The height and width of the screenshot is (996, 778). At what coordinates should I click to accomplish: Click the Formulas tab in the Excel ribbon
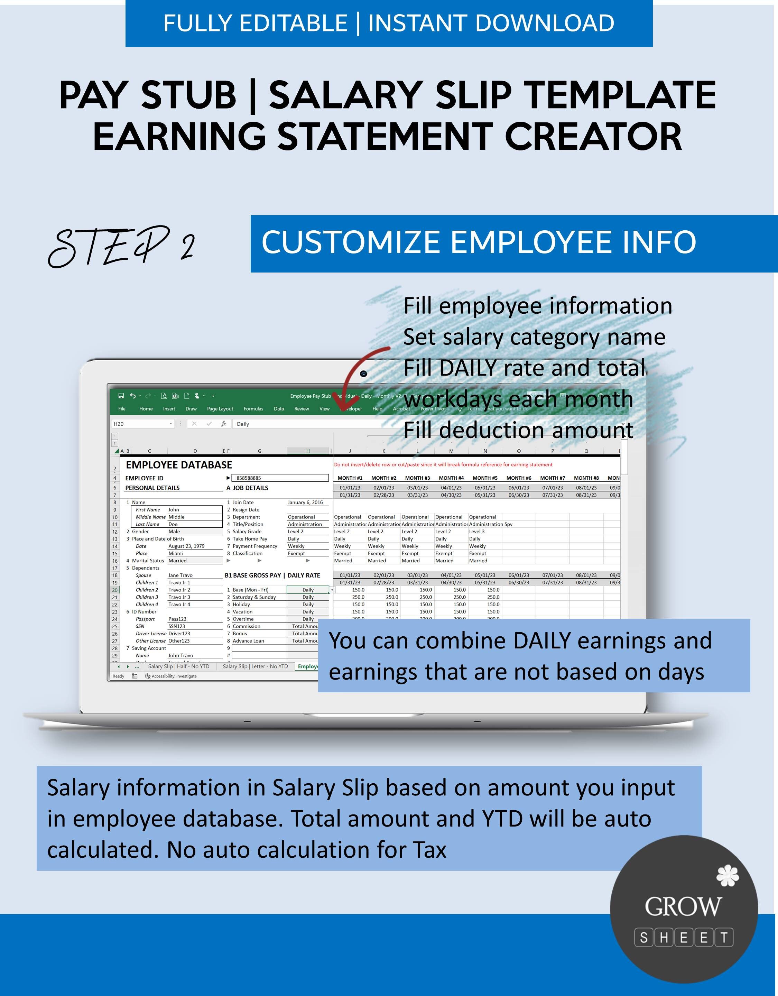(253, 409)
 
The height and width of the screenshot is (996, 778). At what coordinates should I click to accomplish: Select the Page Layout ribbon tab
(220, 409)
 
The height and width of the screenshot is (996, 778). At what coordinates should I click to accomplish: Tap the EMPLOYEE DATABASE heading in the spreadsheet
(179, 465)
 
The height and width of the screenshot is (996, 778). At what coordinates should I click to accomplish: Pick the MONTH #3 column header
(417, 478)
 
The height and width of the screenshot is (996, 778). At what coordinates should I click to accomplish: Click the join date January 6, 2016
(305, 502)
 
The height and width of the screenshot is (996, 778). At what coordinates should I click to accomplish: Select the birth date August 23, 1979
(186, 546)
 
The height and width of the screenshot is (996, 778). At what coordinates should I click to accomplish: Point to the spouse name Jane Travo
(180, 575)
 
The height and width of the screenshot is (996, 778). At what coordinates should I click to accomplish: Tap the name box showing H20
(141, 424)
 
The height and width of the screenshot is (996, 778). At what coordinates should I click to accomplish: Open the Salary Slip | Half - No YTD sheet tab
(178, 666)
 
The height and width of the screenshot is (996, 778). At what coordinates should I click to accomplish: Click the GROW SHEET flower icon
(728, 876)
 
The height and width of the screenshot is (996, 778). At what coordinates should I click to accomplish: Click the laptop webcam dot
(363, 374)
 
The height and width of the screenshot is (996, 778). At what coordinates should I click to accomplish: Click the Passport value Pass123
(177, 619)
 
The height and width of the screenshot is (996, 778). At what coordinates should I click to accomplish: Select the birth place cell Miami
(176, 553)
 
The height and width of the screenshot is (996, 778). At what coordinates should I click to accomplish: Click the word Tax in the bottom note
(429, 850)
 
